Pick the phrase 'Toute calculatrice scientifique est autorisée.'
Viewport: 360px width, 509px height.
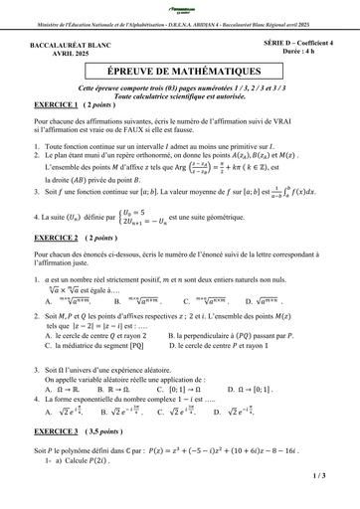click(180, 95)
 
